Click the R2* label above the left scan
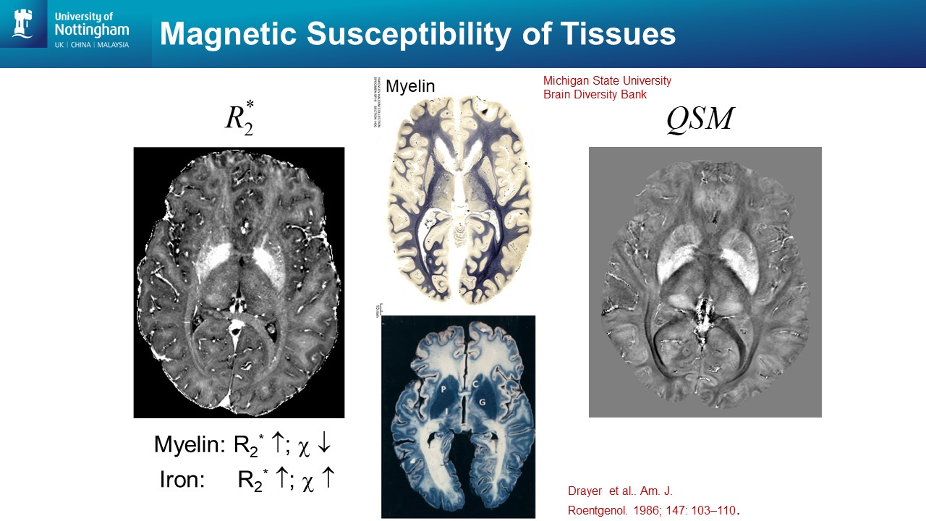pos(239,118)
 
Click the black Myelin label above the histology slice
pos(410,87)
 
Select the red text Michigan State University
pos(607,81)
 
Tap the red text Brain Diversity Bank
pos(595,95)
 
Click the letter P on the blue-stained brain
pos(443,388)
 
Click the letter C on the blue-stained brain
pos(476,384)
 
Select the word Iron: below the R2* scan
pos(184,479)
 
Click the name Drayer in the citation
pos(585,492)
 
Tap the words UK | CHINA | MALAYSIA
pos(92,45)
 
